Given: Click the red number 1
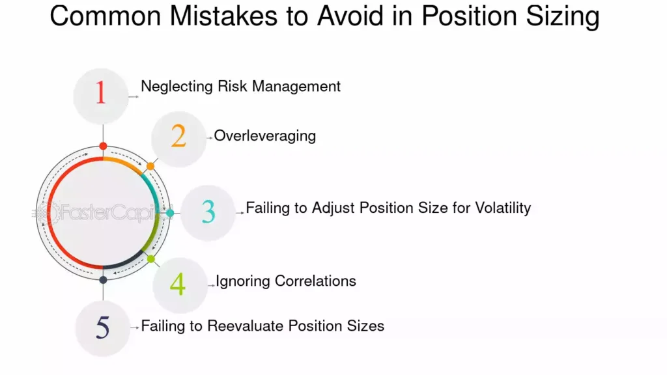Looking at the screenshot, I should (100, 93).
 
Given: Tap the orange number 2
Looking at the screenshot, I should (178, 135).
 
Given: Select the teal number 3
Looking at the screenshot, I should (208, 212).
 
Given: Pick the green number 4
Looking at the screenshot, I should (177, 285).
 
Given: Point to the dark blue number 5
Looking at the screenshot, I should (103, 327).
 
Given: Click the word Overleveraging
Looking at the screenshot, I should (265, 136).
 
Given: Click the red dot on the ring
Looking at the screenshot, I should (103, 146).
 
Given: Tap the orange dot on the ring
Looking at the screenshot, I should (150, 166).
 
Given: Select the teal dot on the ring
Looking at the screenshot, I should (170, 213).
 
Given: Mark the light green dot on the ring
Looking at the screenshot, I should (151, 259).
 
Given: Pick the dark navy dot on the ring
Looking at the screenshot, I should (103, 280).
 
